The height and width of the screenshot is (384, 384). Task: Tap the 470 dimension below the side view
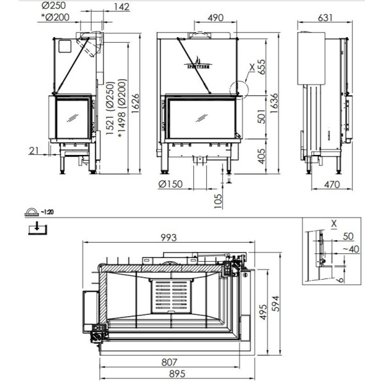pos(328,186)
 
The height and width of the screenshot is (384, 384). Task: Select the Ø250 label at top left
pos(60,7)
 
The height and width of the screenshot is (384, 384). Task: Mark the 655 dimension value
pos(260,69)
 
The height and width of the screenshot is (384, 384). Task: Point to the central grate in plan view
pos(171,296)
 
